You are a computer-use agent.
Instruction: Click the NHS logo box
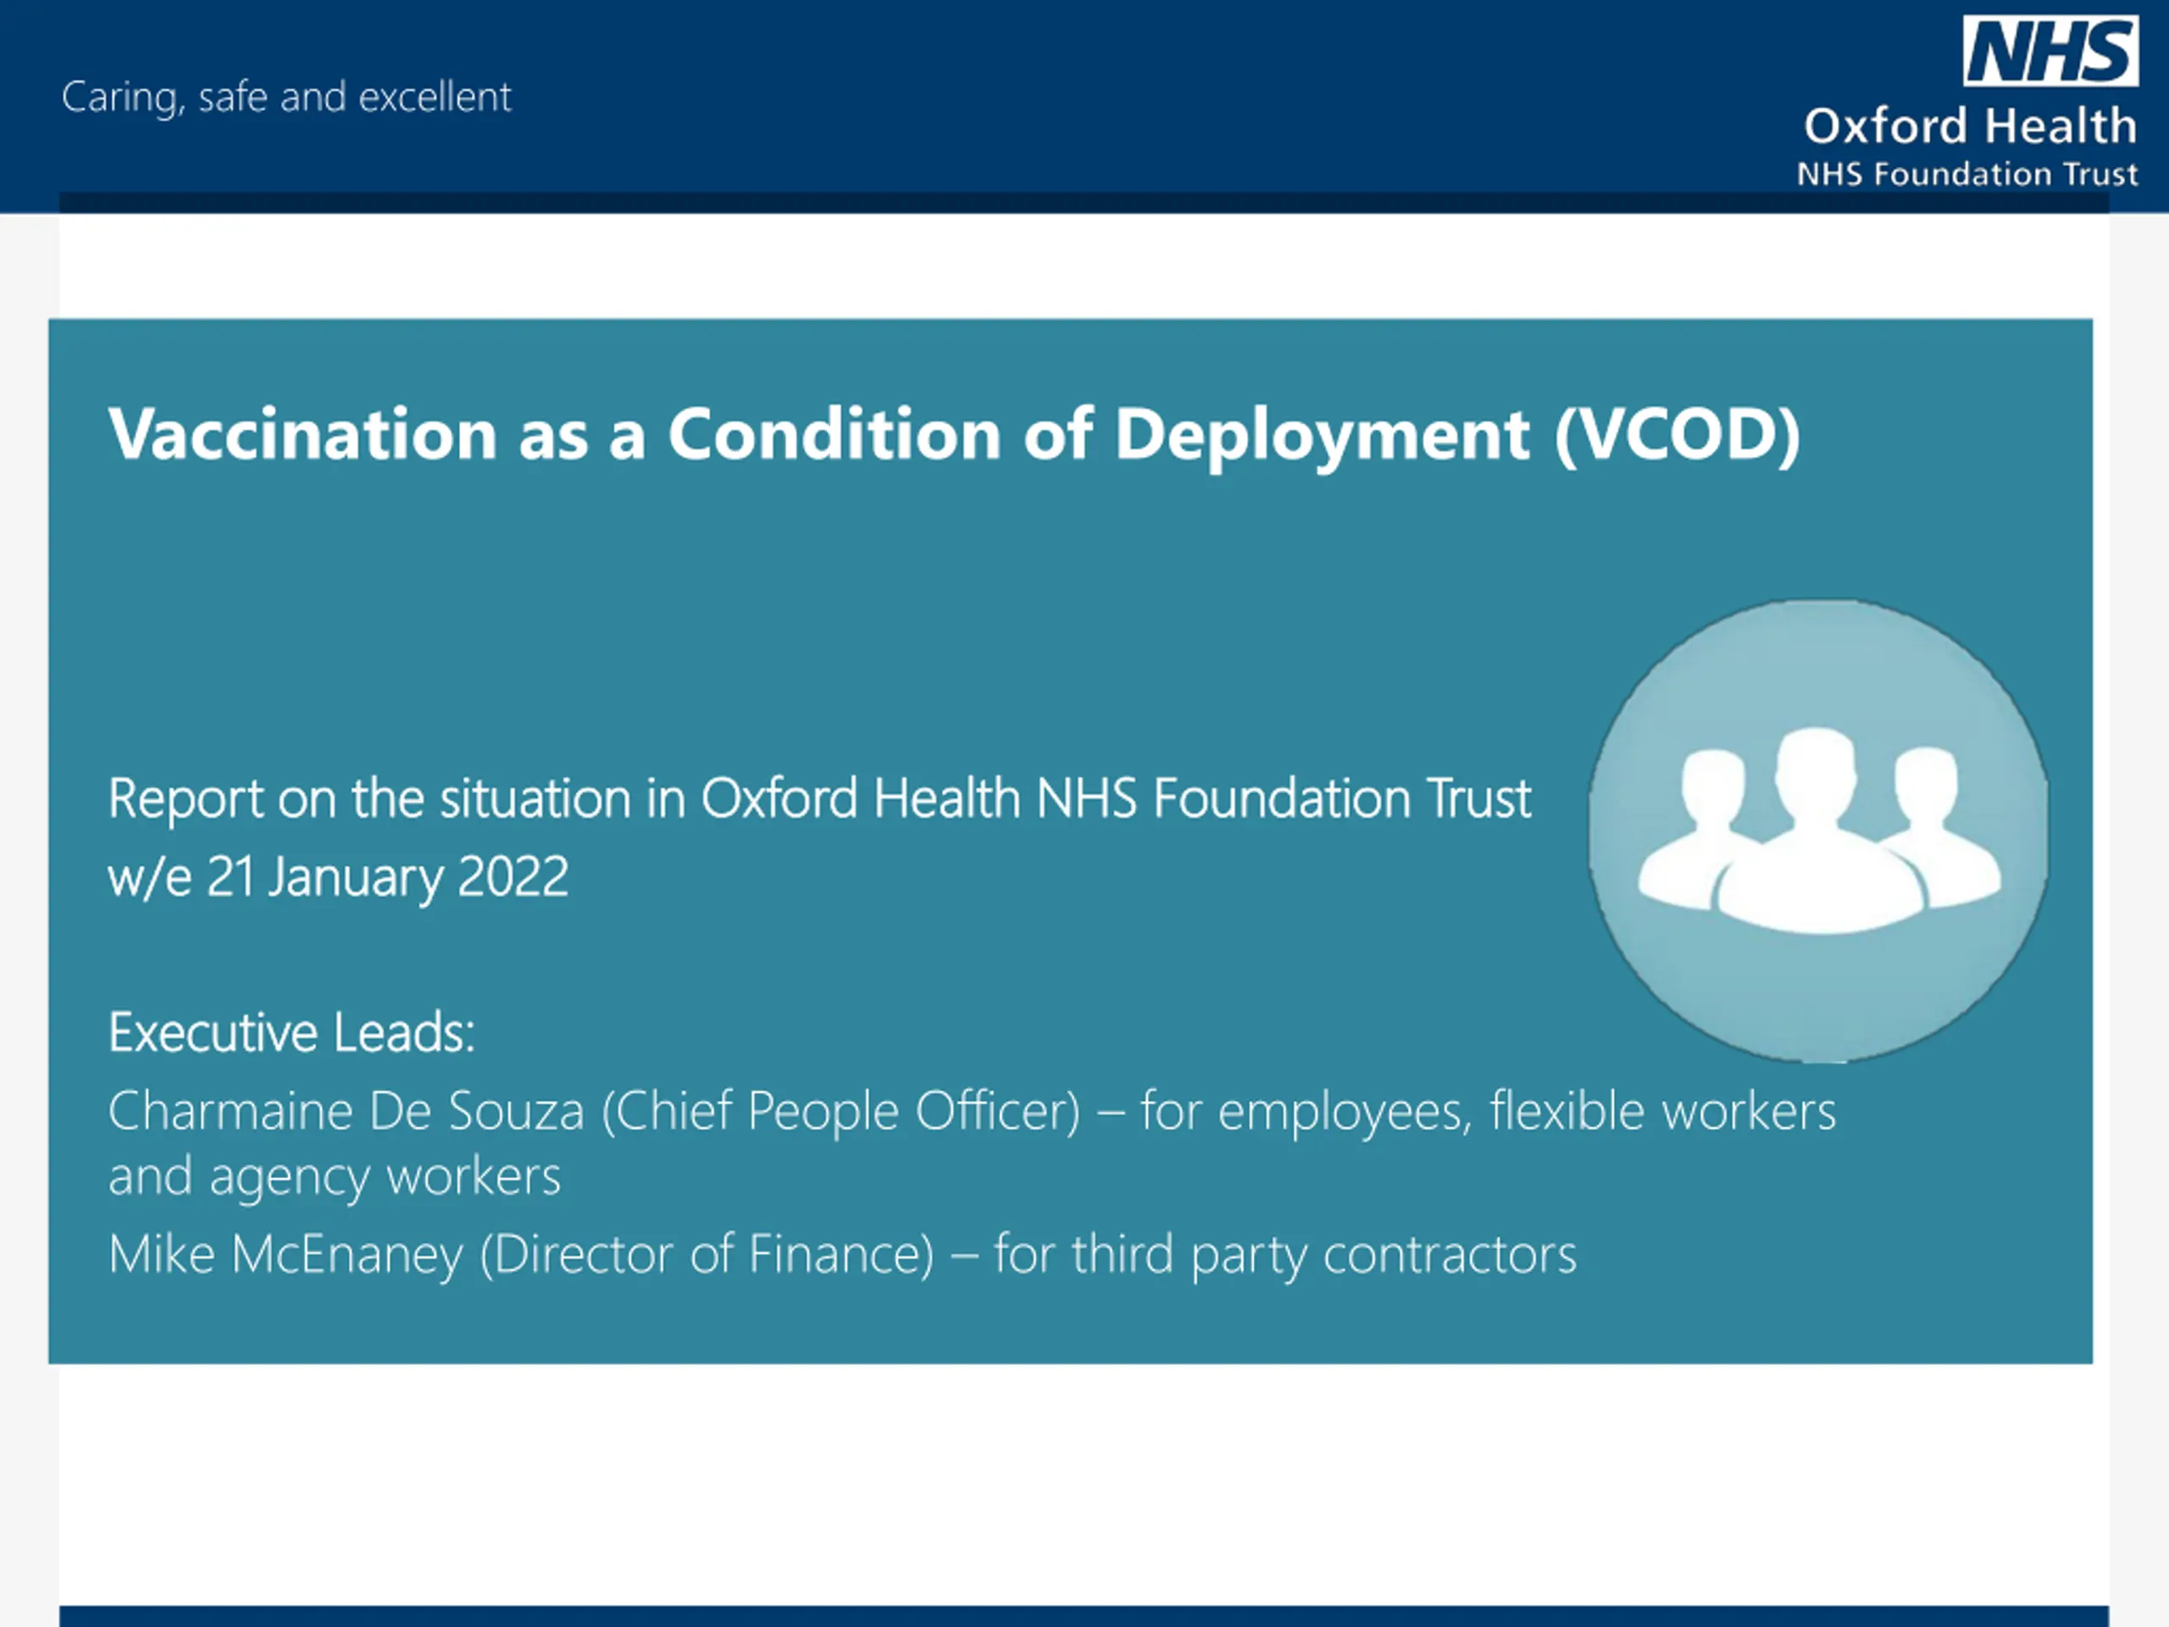[2050, 50]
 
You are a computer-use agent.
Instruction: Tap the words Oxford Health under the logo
[1970, 126]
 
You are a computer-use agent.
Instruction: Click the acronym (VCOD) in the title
[1678, 436]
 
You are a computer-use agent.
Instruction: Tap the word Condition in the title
[835, 434]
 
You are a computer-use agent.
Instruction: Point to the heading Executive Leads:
[291, 1033]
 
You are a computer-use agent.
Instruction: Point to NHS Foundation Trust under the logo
[1967, 175]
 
